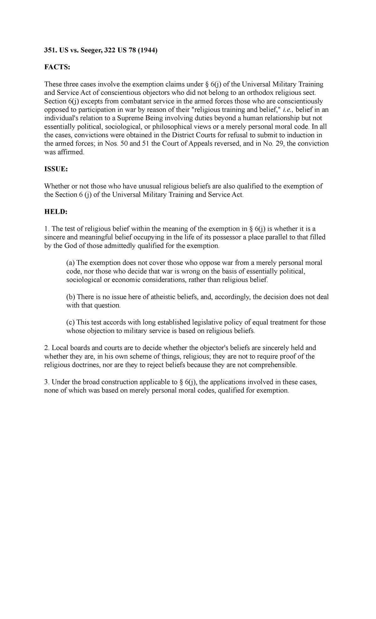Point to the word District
coord(177,135)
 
